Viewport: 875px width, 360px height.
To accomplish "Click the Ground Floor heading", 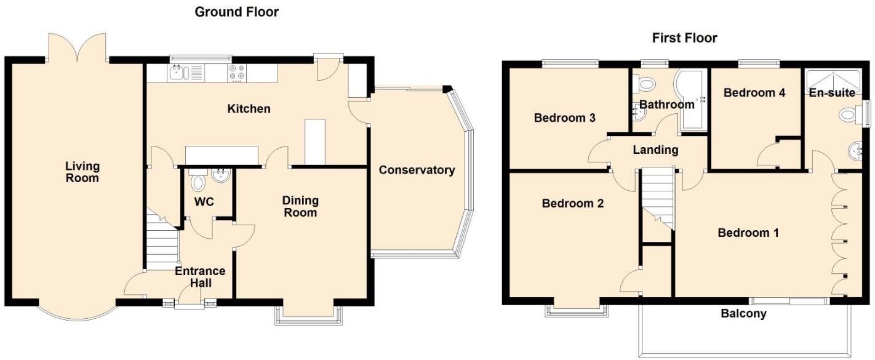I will click(236, 12).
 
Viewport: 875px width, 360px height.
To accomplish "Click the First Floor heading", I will click(684, 38).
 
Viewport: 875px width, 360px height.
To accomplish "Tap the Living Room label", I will click(82, 172).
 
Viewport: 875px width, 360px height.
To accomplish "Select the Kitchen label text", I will click(249, 109).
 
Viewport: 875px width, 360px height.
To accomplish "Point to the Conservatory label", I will click(417, 170).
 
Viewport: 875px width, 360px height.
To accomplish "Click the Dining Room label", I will click(300, 206).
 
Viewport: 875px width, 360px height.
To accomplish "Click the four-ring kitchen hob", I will click(237, 73).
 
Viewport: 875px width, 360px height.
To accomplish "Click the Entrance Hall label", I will click(201, 277).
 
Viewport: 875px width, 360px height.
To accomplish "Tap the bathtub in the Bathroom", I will click(690, 98).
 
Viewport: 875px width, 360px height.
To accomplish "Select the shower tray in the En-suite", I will click(833, 79).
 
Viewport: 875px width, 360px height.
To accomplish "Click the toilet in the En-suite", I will click(850, 114).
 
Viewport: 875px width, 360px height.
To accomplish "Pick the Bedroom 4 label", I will click(754, 93).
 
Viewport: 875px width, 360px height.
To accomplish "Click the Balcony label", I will click(743, 314).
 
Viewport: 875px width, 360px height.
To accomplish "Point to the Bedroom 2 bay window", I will click(576, 310).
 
